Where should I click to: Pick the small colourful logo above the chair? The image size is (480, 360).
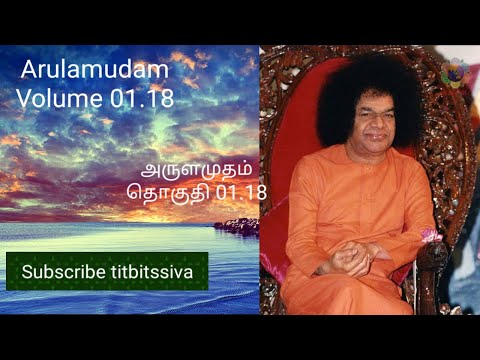pos(459,70)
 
